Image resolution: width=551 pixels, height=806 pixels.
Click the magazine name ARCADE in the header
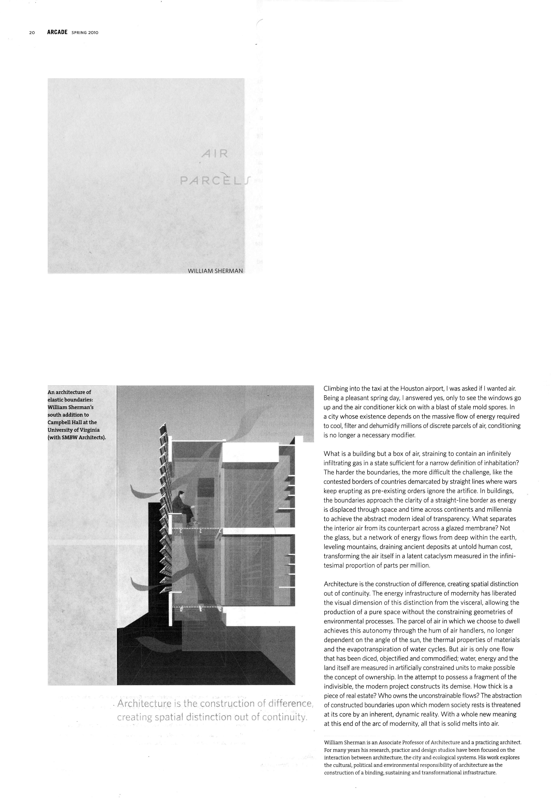pos(57,32)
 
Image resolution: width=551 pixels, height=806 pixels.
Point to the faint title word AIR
pos(215,154)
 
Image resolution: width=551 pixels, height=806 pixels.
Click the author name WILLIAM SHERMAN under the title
pos(215,271)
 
